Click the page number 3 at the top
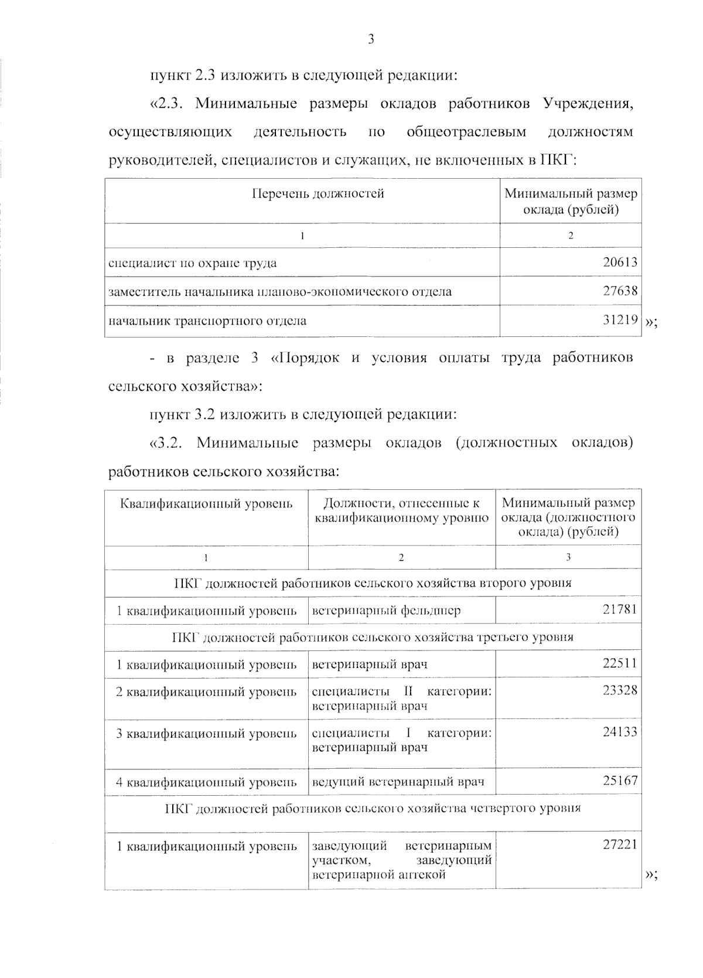tap(370, 40)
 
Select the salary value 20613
tap(620, 263)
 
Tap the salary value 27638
tap(620, 291)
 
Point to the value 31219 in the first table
tap(620, 321)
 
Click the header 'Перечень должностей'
tap(318, 194)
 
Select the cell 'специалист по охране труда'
tap(193, 263)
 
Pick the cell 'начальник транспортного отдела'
tap(207, 321)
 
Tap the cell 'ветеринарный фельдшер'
tap(386, 611)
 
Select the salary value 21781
tap(619, 609)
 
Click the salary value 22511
tap(619, 663)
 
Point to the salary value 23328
tap(619, 690)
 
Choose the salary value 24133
tap(619, 732)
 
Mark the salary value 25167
tap(619, 781)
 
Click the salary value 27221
tap(619, 845)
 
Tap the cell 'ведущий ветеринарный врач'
tap(398, 782)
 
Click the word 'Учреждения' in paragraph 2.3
tap(588, 105)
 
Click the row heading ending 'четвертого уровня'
tap(373, 809)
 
